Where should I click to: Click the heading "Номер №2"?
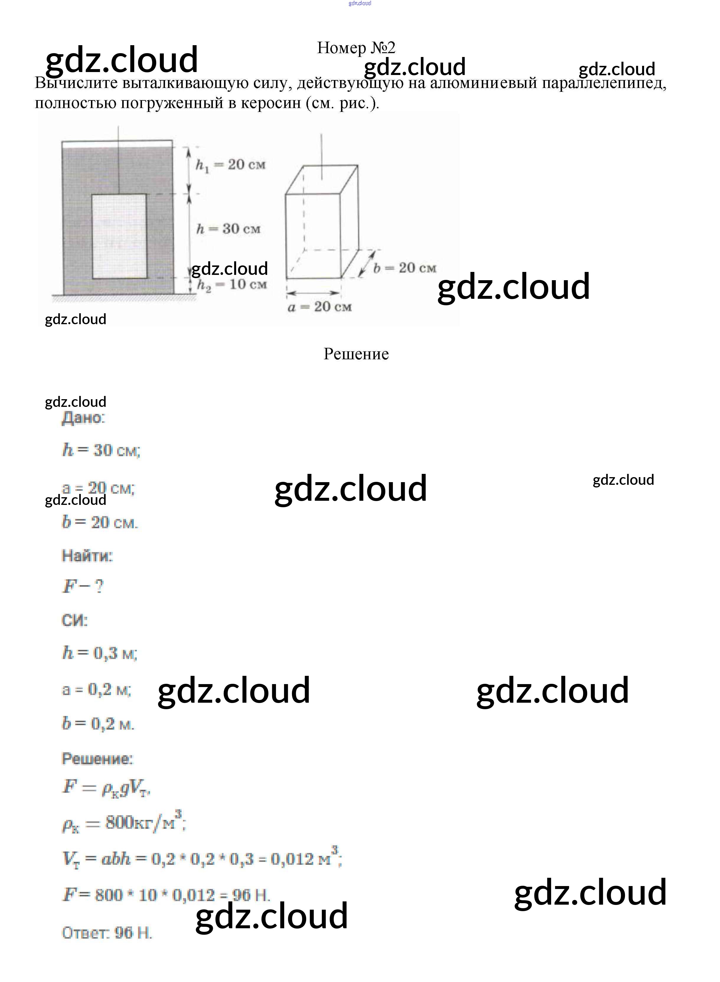pyautogui.click(x=356, y=48)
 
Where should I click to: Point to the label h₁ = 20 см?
pyautogui.click(x=230, y=165)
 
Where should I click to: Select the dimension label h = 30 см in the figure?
pyautogui.click(x=228, y=229)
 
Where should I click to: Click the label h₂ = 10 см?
pyautogui.click(x=231, y=285)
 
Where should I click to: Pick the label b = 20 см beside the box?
pyautogui.click(x=404, y=267)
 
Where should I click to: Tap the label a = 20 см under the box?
pyautogui.click(x=319, y=307)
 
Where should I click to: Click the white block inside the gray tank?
pyautogui.click(x=119, y=236)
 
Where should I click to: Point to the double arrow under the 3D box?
pyautogui.click(x=313, y=293)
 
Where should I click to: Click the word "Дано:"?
pyautogui.click(x=83, y=417)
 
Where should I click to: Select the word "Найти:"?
pyautogui.click(x=87, y=555)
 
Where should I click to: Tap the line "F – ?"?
pyautogui.click(x=83, y=586)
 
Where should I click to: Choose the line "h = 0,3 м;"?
pyautogui.click(x=99, y=653)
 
